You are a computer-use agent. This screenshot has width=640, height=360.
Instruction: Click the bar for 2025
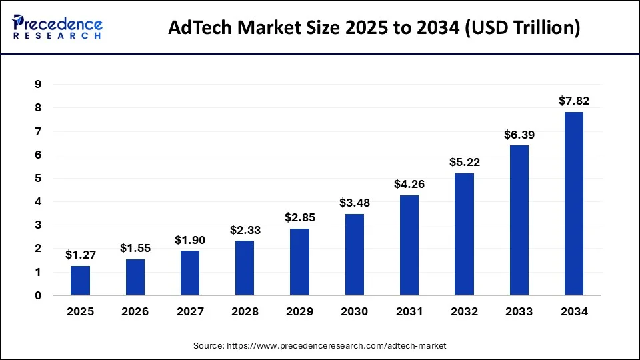click(x=80, y=281)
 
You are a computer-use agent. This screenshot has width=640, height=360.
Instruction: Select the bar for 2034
click(x=574, y=203)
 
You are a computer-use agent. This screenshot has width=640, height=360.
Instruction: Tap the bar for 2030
click(x=355, y=255)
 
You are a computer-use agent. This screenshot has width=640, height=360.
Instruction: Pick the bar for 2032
click(x=464, y=234)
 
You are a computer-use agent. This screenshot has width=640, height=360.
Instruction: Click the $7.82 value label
click(x=574, y=101)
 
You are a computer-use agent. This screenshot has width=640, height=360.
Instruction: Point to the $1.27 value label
click(x=80, y=255)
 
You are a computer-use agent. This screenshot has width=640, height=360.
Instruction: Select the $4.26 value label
click(x=409, y=185)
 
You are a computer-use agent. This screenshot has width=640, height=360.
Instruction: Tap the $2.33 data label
click(x=245, y=230)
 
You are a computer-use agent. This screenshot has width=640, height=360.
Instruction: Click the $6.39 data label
click(x=519, y=135)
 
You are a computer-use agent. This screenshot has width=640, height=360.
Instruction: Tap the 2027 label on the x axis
click(x=190, y=311)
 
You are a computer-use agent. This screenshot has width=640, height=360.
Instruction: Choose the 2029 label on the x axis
click(x=299, y=311)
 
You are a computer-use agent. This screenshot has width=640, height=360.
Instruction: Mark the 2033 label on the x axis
click(x=519, y=311)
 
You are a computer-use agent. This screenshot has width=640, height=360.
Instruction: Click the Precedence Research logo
click(x=57, y=28)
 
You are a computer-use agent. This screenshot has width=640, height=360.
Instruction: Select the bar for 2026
click(x=135, y=277)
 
